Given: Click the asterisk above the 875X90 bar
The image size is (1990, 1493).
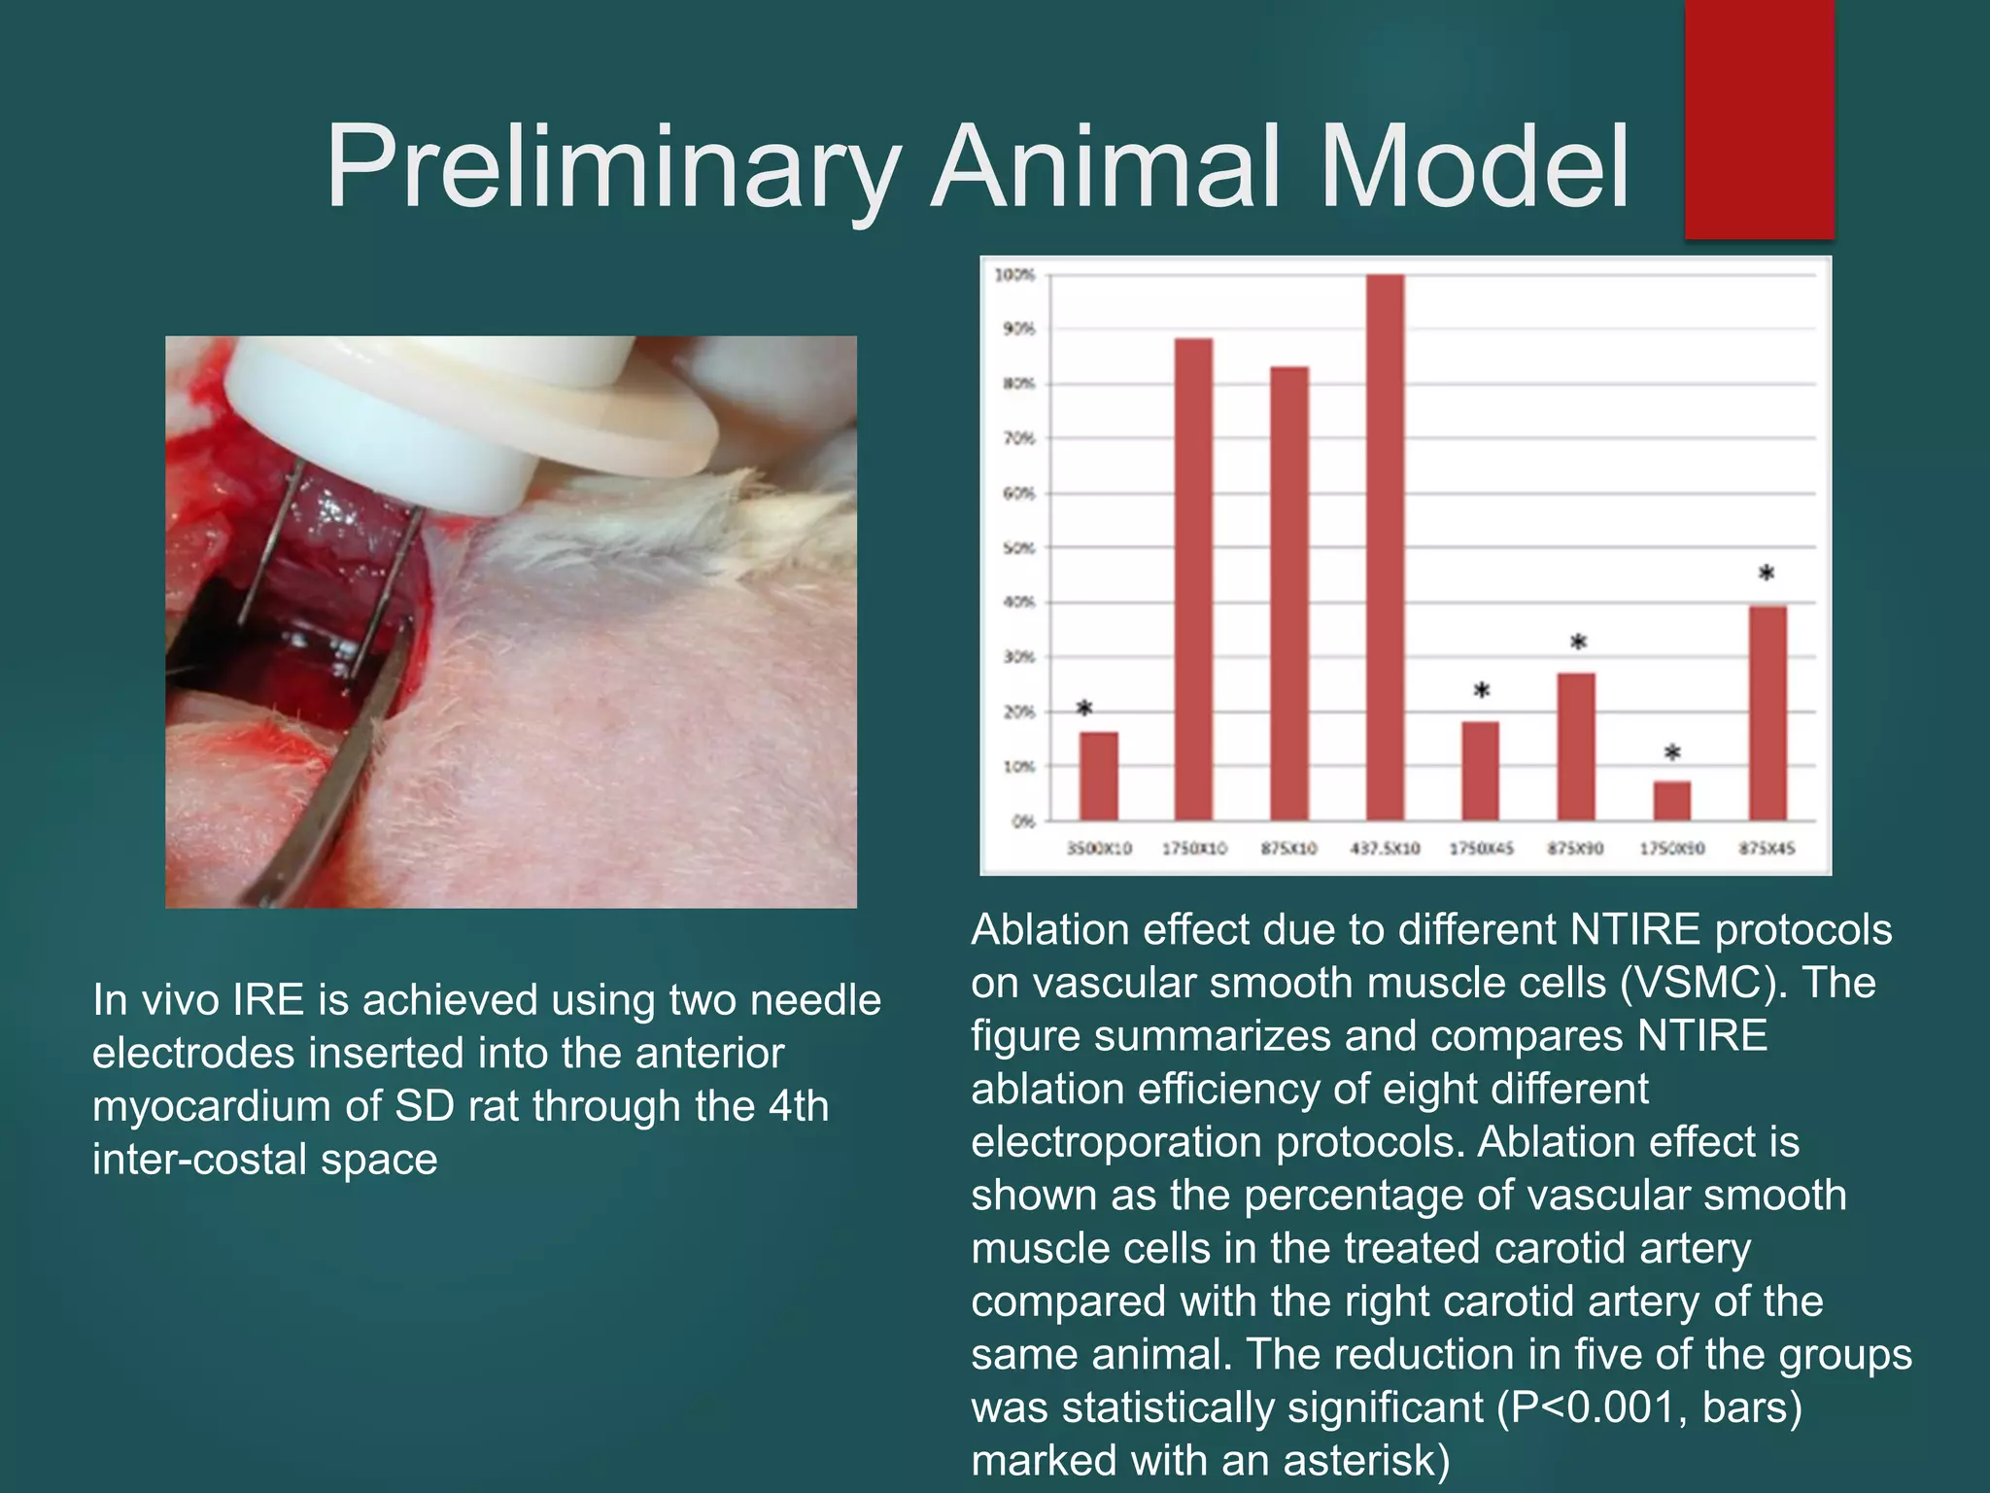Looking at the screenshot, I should coord(1578,642).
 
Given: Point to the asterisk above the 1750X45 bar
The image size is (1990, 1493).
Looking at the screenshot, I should coord(1481,691).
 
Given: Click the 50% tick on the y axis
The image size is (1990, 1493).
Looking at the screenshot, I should coord(1018,548).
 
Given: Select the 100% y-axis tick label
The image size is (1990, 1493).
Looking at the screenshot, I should coord(1014,275).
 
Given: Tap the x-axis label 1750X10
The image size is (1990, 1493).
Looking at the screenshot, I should coord(1194,849).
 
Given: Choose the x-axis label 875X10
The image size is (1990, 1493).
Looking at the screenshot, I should coord(1288,849).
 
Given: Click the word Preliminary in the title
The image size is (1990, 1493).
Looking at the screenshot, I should coord(612,167).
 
